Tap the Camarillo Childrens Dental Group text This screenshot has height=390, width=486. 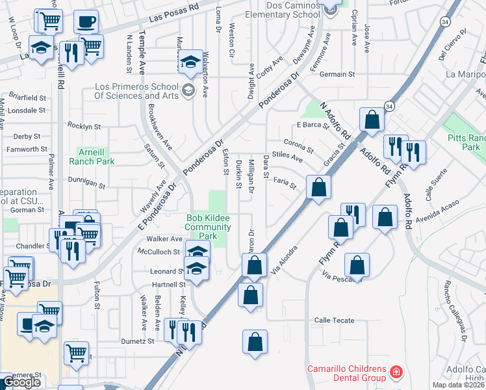coord(348,374)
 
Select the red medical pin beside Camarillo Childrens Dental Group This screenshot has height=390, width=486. coord(396,374)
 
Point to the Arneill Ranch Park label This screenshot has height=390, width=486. coord(96,155)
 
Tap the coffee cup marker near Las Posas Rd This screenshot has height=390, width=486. coord(86,23)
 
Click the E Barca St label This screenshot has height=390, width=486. coord(309,125)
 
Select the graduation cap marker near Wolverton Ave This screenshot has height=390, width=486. coord(190,62)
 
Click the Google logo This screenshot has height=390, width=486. coord(21,382)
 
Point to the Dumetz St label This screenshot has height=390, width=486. coord(136,341)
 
